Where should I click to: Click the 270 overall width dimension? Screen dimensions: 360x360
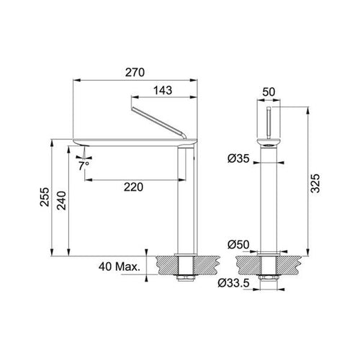tap(135, 73)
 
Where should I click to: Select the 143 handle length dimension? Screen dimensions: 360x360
tap(163, 91)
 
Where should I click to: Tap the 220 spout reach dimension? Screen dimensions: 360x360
tap(133, 187)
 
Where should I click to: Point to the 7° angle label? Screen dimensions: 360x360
tap(84, 166)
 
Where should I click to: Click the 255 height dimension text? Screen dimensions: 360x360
tap(45, 197)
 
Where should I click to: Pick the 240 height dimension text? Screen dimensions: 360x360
tap(61, 200)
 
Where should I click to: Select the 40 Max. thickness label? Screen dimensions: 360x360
tap(120, 266)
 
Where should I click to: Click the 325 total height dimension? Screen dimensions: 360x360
tap(315, 183)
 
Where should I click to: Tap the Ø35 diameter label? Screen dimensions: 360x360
tap(238, 158)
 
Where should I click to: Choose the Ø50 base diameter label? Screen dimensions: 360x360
tap(238, 245)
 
